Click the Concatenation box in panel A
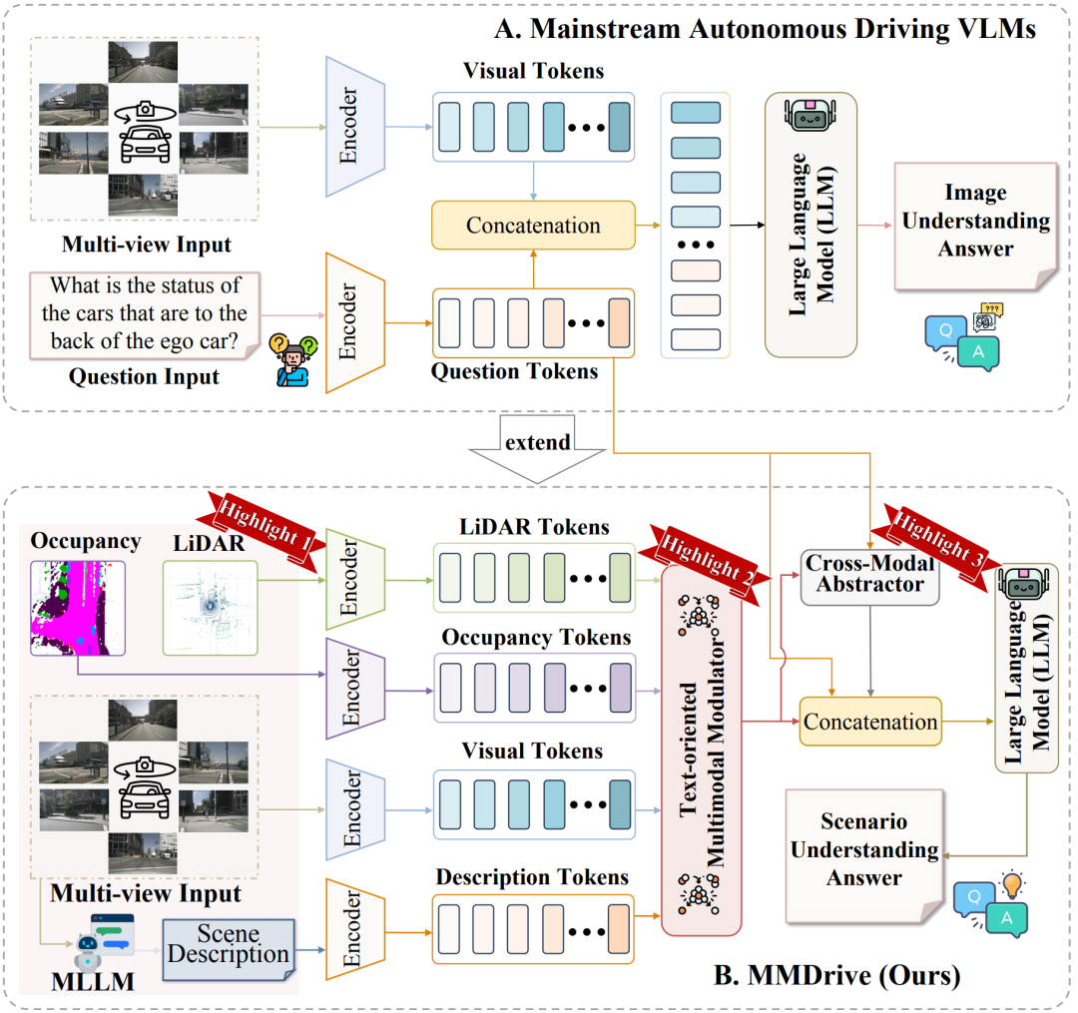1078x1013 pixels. click(533, 226)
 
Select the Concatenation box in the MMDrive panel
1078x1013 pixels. click(870, 722)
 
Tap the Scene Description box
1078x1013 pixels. click(229, 949)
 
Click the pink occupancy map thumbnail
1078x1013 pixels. click(78, 608)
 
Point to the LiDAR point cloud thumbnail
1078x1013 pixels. click(210, 608)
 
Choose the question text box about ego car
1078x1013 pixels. click(145, 314)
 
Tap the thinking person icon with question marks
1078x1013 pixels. click(292, 359)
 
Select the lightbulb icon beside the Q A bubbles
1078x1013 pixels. click(1012, 884)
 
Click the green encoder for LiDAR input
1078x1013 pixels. click(354, 579)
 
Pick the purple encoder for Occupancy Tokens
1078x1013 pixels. click(354, 689)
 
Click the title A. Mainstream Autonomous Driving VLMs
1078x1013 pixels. click(765, 29)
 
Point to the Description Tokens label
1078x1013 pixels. click(532, 877)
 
